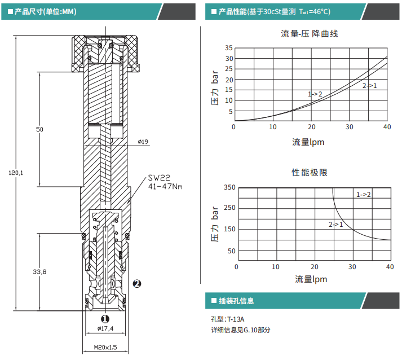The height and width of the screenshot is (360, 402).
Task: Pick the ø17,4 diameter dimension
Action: coord(105,328)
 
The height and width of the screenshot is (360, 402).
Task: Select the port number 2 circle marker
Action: coord(136,284)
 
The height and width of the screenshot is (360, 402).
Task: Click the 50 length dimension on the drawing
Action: coord(39,130)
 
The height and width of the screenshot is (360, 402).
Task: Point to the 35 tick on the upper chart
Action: coord(228,48)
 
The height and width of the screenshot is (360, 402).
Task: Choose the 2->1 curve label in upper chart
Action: coord(369,85)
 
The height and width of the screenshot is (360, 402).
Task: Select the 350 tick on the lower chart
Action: coord(229,187)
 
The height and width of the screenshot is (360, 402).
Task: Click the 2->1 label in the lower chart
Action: coord(336,224)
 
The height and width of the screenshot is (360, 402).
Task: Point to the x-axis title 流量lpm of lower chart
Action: coord(311,279)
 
